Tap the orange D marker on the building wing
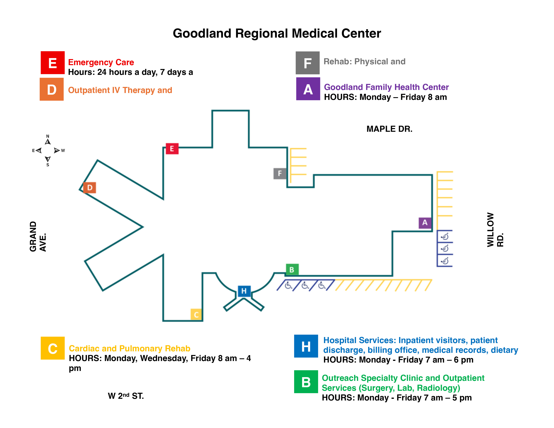(89, 188)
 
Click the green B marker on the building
(292, 270)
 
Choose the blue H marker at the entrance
(244, 291)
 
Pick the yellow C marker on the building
(196, 315)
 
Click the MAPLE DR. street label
(389, 129)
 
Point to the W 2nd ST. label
(126, 396)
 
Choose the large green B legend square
(306, 382)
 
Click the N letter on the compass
(48, 136)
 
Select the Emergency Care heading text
(101, 62)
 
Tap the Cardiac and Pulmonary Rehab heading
(129, 349)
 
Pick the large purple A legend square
(308, 89)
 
